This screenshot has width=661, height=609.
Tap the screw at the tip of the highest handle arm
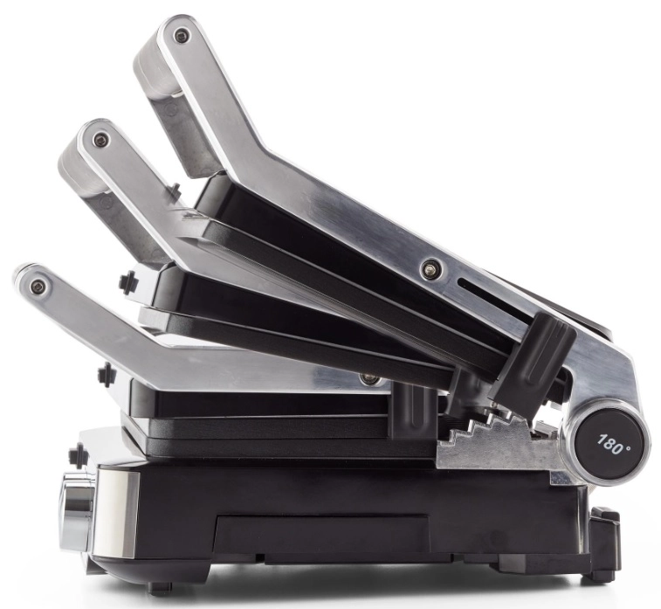182,35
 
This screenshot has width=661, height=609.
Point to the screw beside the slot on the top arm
429,266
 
